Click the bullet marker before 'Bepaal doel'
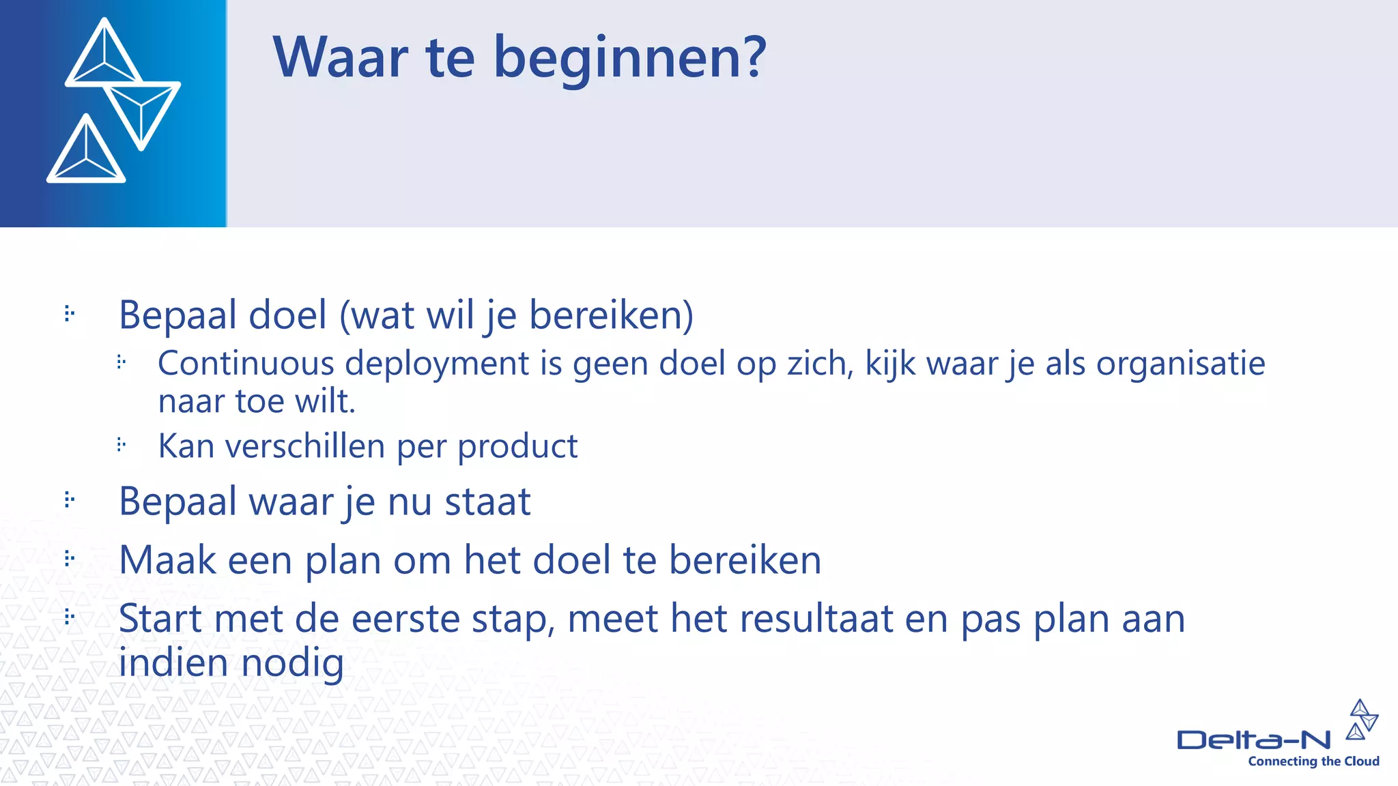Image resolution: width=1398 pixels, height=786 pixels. tap(69, 314)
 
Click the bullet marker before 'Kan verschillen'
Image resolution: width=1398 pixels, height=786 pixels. tap(122, 446)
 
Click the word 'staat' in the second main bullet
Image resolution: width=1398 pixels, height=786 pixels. tap(487, 501)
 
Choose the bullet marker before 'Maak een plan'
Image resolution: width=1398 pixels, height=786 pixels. tap(69, 559)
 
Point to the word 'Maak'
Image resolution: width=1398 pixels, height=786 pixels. tap(167, 560)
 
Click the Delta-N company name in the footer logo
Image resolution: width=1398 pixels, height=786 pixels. tap(1253, 740)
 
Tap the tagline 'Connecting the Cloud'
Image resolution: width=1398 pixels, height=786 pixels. tap(1313, 761)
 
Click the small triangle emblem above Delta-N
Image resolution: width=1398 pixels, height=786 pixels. tap(1362, 720)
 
